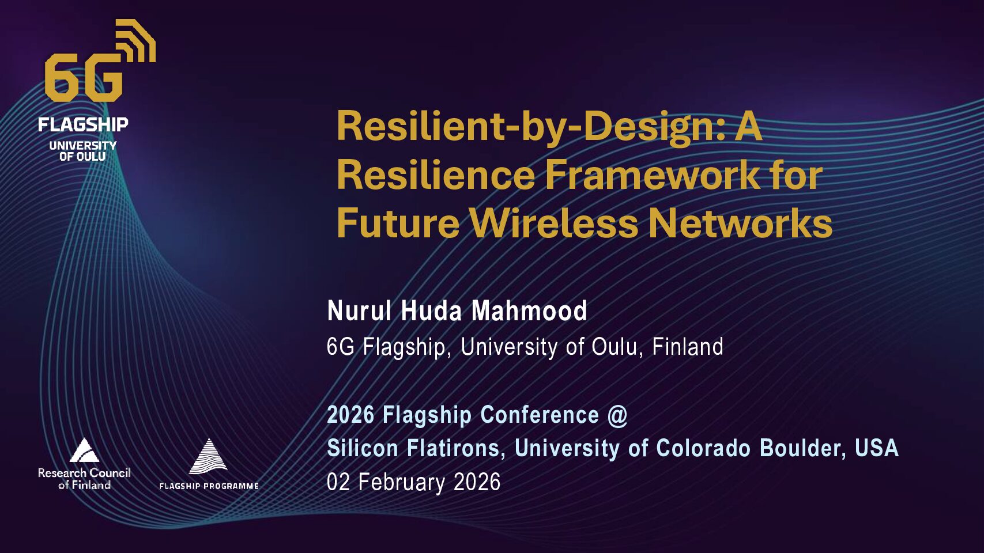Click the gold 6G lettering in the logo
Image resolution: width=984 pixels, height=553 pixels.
coord(84,77)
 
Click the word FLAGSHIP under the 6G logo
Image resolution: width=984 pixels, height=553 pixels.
coord(83,124)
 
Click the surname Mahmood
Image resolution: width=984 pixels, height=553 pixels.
coord(529,310)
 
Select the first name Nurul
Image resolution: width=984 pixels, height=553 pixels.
coord(359,310)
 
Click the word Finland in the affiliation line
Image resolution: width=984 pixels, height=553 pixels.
coord(688,346)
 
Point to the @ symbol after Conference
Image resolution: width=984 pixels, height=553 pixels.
coord(618,415)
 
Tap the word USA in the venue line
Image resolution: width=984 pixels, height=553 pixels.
coord(876,448)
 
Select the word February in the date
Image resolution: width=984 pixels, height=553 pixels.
coord(402,482)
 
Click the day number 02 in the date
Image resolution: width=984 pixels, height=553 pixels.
coord(338,482)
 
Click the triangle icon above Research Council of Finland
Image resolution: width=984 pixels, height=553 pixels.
coord(84,450)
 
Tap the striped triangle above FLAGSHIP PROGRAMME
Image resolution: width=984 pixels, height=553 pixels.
coord(208,456)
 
